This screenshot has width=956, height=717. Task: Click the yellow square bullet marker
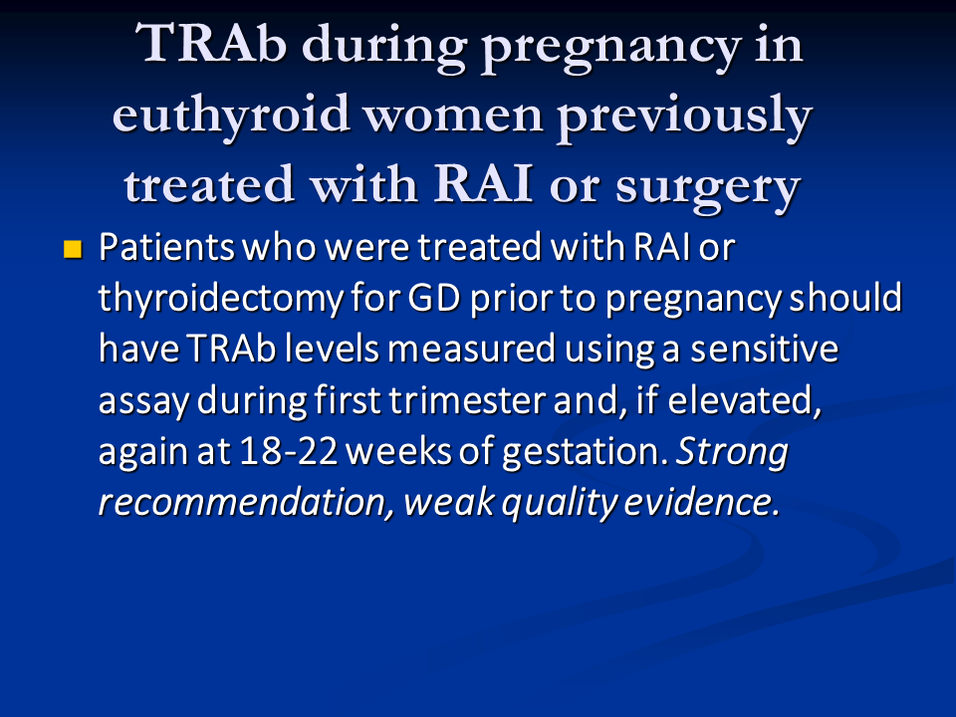73,249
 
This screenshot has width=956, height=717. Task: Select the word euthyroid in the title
230,116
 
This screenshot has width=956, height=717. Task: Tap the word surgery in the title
707,186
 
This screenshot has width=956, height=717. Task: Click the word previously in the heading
685,116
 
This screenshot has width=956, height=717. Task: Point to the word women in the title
453,116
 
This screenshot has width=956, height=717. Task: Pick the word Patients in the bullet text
166,247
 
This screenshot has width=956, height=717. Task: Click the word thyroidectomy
219,299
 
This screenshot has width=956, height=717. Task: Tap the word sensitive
764,349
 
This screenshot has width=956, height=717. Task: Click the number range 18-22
289,451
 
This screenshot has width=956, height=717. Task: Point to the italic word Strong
732,453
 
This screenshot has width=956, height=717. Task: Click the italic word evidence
702,502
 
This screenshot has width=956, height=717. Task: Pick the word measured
471,349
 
